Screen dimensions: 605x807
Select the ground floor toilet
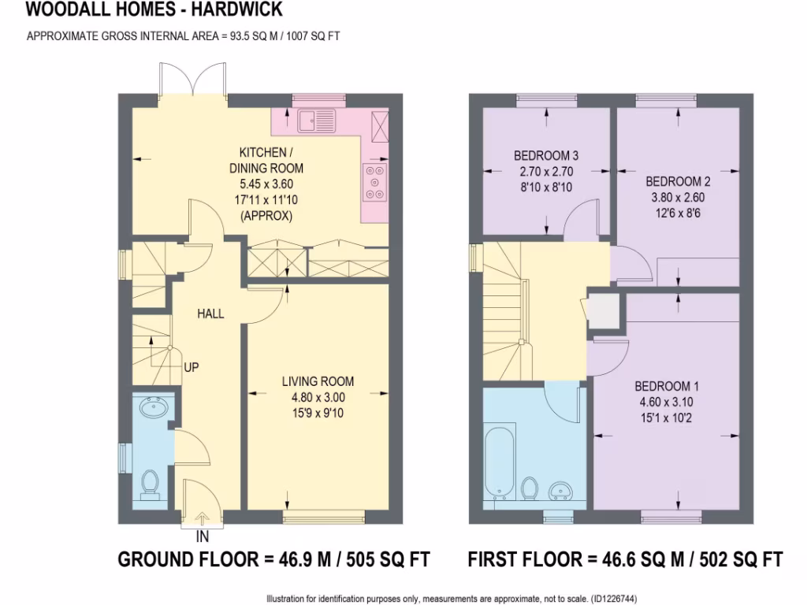[149, 484]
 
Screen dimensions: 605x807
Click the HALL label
[210, 314]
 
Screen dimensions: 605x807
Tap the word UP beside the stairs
[192, 367]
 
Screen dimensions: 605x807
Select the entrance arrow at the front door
[202, 518]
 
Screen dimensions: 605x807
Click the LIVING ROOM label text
[318, 382]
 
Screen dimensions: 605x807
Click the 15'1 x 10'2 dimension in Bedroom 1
[667, 418]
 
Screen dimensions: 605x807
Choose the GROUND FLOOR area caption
[273, 560]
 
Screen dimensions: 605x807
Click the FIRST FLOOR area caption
[625, 560]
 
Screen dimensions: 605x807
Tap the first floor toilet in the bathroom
[530, 488]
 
